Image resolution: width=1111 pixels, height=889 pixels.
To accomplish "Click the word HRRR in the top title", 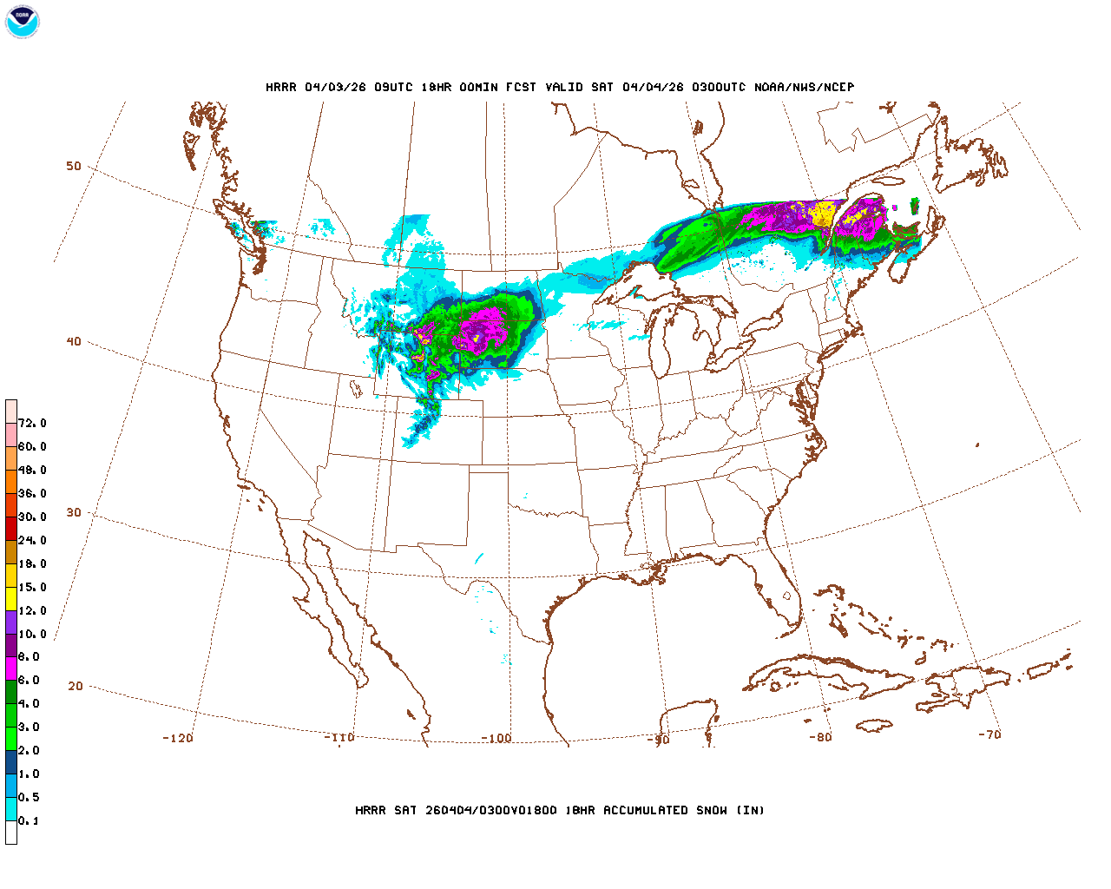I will click(x=281, y=87).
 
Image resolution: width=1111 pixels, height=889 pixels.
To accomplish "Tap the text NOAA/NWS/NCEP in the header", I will click(x=804, y=87).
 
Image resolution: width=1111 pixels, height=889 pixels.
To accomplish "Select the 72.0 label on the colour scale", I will click(x=32, y=423).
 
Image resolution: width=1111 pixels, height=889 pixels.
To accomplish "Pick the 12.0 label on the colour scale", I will click(x=32, y=610).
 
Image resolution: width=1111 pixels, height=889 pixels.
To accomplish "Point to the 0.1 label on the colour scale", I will click(x=29, y=820).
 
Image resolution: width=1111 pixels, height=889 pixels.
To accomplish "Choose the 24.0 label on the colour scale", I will click(x=32, y=540).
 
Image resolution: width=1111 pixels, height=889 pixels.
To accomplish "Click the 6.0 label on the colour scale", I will click(x=29, y=680).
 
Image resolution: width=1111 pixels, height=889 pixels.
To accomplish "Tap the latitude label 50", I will click(x=74, y=166).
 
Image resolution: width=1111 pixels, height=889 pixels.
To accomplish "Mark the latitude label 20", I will click(x=76, y=686).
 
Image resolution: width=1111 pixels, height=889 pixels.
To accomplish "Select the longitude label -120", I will click(x=178, y=738).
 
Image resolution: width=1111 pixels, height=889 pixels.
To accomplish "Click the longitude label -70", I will click(x=989, y=734).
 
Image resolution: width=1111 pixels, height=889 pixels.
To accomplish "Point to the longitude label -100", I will click(x=496, y=738).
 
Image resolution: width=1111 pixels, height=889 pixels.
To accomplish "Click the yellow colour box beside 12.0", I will click(x=11, y=598).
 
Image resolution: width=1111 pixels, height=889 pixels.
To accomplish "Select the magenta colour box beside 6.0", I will click(x=11, y=668).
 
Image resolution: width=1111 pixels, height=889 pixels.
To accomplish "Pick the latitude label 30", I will click(x=74, y=512).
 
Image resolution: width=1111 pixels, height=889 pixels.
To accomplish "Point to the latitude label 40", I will click(x=74, y=341).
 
